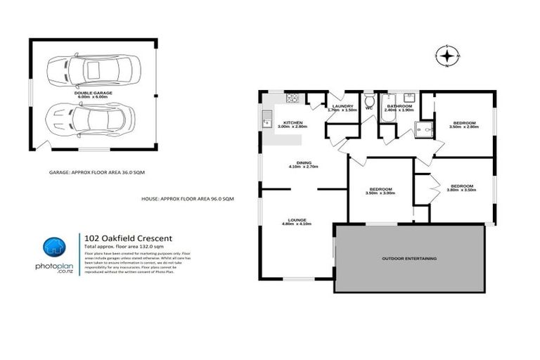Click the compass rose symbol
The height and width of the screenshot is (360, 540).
click(447, 55)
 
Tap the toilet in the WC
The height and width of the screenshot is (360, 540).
click(368, 100)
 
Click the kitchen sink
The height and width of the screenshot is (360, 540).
click(266, 120)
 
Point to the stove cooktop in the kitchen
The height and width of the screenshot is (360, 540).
click(294, 98)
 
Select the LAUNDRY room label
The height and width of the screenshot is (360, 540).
click(342, 105)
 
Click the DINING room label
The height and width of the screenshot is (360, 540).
click(304, 162)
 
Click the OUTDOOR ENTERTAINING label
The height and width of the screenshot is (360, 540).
click(409, 259)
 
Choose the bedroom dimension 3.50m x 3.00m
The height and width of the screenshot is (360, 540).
click(380, 194)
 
